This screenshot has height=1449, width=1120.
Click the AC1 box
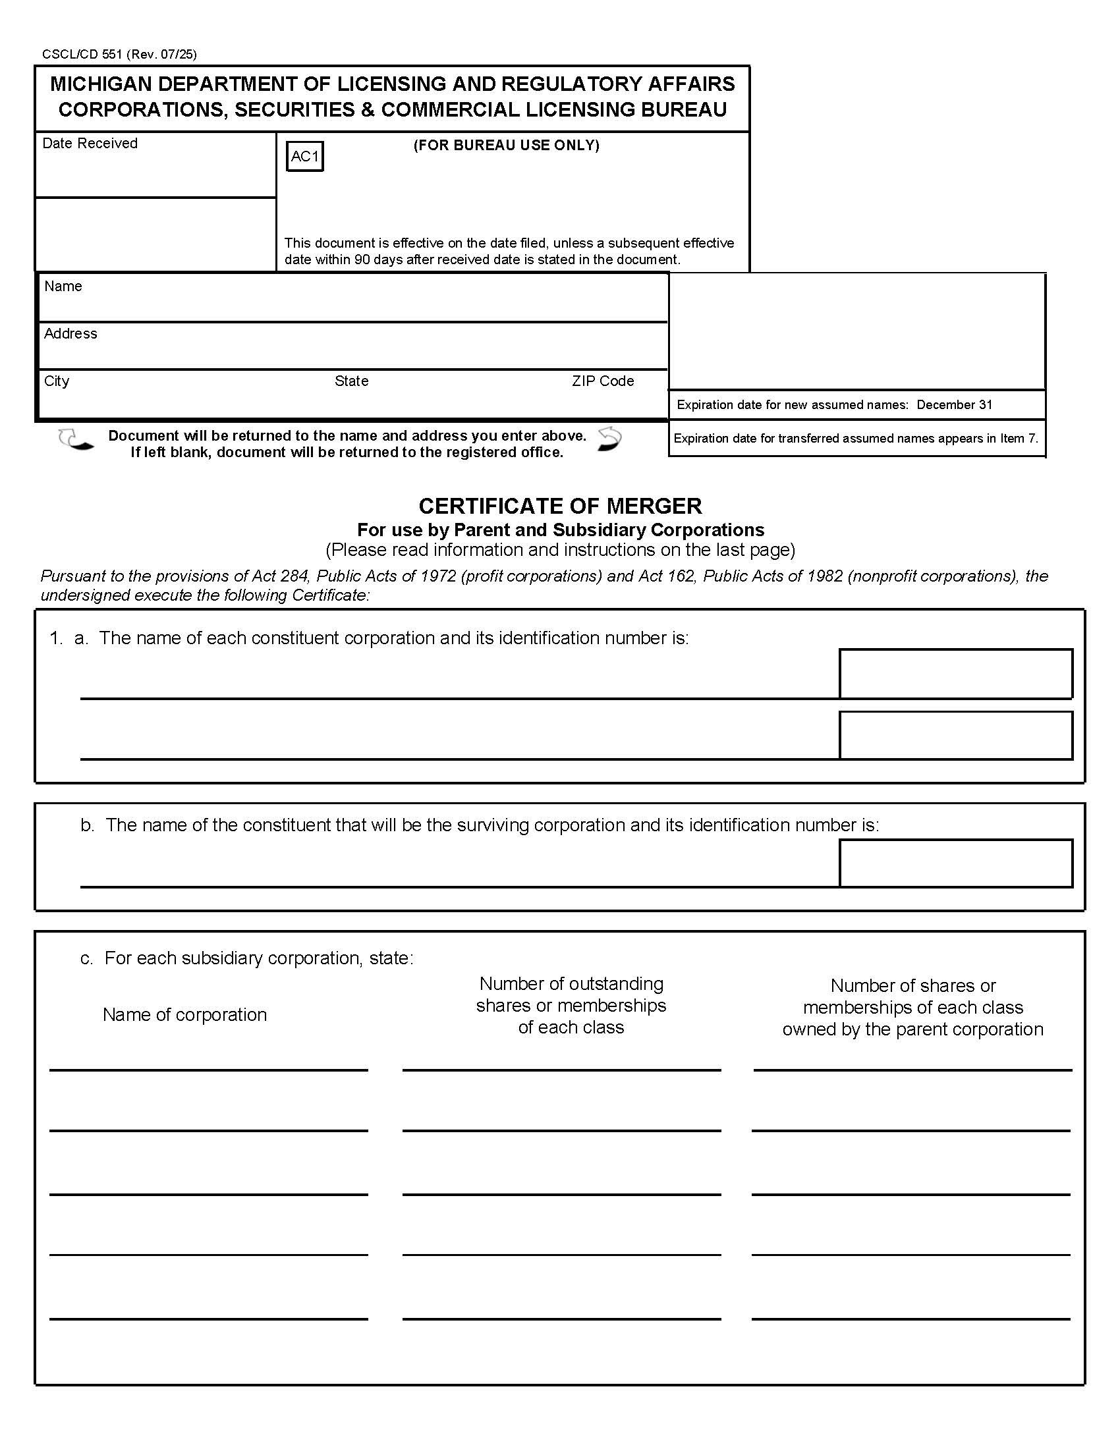(x=304, y=157)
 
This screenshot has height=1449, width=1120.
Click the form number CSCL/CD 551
(x=82, y=55)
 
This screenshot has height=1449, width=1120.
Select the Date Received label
(x=90, y=144)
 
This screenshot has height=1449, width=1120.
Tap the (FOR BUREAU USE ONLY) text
(x=506, y=146)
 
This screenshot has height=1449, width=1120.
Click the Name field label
(x=63, y=287)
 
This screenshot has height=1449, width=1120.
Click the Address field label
(x=70, y=334)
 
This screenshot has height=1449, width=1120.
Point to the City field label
(x=57, y=381)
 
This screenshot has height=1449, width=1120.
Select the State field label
(x=351, y=381)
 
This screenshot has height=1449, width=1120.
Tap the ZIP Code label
(x=602, y=381)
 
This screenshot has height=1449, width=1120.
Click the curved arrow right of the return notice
(x=609, y=439)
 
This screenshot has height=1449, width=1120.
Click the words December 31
(x=954, y=405)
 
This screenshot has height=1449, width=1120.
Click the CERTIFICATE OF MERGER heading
(x=560, y=507)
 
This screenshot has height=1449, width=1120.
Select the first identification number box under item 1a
(x=955, y=673)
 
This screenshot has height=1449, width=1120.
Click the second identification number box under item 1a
(x=955, y=735)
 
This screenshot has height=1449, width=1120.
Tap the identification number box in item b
(x=955, y=863)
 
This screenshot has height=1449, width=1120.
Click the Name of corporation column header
(x=184, y=1014)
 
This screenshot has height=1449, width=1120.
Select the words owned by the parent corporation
(x=912, y=1029)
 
